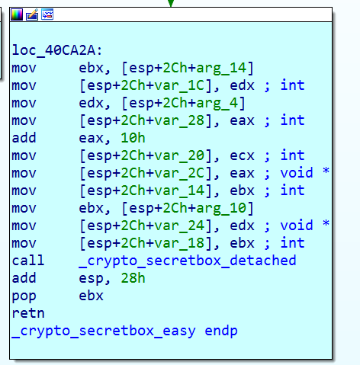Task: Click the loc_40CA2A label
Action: pos(57,50)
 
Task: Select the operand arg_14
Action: pos(221,68)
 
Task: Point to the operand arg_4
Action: pos(217,103)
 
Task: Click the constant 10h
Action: pos(133,138)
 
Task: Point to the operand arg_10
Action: pos(221,208)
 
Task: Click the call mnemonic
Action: pos(28,261)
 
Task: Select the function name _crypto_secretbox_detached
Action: pos(188,261)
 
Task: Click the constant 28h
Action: pos(133,278)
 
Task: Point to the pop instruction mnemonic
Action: pos(24,296)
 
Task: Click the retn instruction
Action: pos(28,313)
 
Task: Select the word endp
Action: pos(221,331)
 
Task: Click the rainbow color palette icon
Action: pos(17,14)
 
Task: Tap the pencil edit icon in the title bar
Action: pos(32,14)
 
